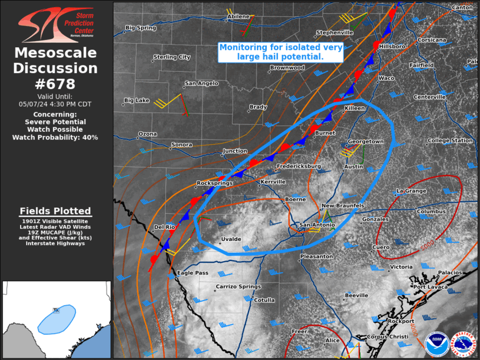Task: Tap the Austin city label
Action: click(x=353, y=167)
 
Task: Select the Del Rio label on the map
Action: click(x=165, y=227)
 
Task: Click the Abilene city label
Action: click(x=239, y=16)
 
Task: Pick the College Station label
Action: click(x=450, y=141)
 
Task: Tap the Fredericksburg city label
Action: click(x=299, y=167)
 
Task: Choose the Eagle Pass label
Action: click(x=193, y=273)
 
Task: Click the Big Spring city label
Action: click(x=140, y=28)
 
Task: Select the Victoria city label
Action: click(x=401, y=267)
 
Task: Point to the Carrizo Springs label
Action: click(x=238, y=286)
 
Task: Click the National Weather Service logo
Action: click(x=462, y=344)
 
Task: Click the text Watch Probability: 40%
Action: click(x=55, y=137)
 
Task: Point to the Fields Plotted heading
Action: click(x=55, y=211)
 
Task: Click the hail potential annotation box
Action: click(x=280, y=52)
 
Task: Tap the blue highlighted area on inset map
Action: click(x=57, y=319)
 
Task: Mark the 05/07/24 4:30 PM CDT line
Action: click(x=55, y=104)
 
